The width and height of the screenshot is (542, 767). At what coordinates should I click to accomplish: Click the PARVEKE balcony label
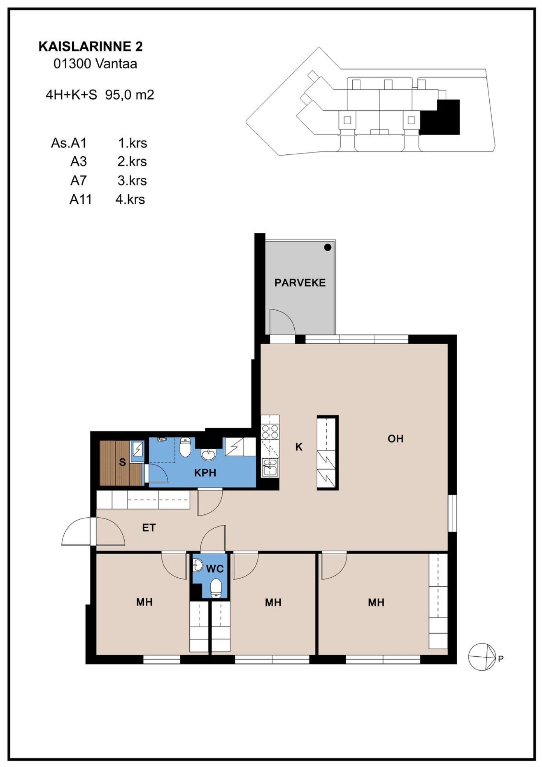300,283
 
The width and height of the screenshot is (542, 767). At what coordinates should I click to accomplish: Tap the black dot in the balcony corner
328,247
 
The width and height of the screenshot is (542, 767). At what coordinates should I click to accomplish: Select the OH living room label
396,439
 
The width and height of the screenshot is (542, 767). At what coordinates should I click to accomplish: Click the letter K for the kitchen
299,447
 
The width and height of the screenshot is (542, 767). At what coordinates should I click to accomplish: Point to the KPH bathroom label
205,473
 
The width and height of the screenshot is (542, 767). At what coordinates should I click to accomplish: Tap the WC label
215,569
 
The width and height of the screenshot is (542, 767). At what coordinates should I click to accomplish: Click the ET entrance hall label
149,528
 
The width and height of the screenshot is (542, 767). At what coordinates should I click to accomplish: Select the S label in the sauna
122,462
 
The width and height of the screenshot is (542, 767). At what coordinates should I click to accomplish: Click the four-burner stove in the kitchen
270,432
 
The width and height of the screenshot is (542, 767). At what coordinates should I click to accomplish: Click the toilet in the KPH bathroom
185,447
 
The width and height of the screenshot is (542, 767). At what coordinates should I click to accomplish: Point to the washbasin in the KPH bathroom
209,456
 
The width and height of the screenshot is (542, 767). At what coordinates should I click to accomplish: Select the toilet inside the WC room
216,589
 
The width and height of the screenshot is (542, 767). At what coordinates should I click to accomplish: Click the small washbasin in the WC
198,564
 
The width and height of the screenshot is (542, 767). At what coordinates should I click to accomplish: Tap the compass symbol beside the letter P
482,657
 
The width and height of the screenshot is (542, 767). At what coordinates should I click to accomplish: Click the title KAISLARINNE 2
91,47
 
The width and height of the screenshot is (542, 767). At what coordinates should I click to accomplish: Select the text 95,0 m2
130,95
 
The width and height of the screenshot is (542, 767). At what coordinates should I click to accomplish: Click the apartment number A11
81,199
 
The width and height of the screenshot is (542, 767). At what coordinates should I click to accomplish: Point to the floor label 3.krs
132,181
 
